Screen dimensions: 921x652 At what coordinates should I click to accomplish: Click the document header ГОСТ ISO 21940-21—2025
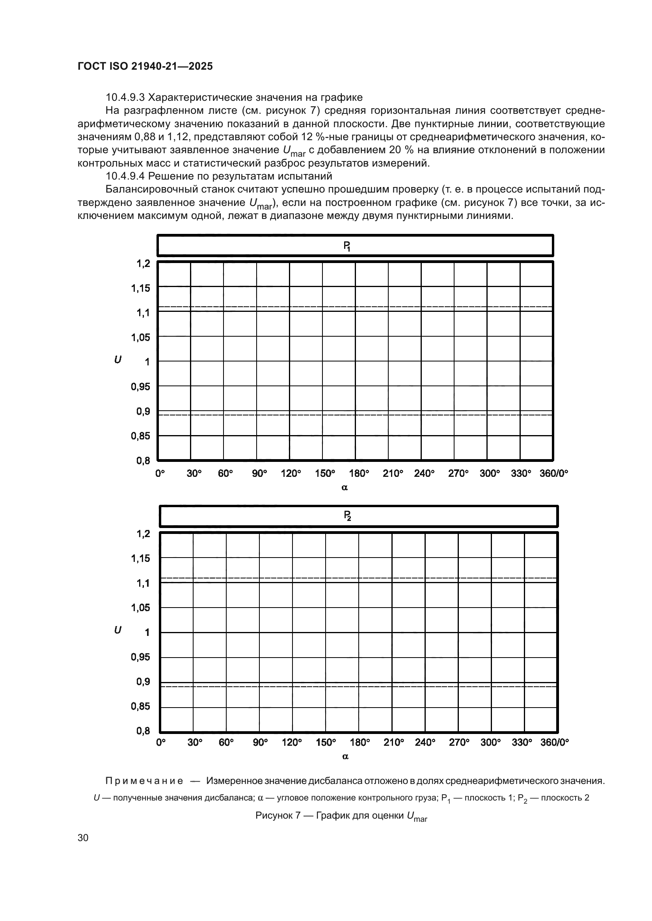click(145, 67)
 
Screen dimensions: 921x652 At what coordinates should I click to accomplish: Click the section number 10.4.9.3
click(125, 98)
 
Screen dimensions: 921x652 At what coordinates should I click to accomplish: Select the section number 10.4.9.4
click(125, 176)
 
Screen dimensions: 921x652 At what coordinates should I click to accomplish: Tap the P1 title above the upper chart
click(347, 245)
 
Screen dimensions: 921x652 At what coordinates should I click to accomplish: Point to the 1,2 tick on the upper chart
click(143, 263)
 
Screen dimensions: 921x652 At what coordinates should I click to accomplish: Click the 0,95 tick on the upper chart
click(140, 387)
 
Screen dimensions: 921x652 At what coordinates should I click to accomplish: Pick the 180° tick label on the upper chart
click(359, 473)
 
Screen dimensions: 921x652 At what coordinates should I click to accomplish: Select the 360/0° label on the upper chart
click(553, 473)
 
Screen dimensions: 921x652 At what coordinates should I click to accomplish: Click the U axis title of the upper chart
click(117, 360)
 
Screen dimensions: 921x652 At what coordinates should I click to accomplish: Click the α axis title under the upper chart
click(345, 488)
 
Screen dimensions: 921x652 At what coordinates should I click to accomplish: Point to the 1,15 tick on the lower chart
click(140, 558)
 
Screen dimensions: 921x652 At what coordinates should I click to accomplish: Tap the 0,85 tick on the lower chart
click(140, 706)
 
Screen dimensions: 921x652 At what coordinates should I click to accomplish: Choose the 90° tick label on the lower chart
click(260, 743)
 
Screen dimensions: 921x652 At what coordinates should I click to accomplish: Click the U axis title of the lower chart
click(117, 630)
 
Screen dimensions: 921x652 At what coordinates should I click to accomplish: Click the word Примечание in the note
click(144, 781)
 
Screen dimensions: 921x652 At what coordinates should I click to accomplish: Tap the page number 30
click(83, 838)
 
